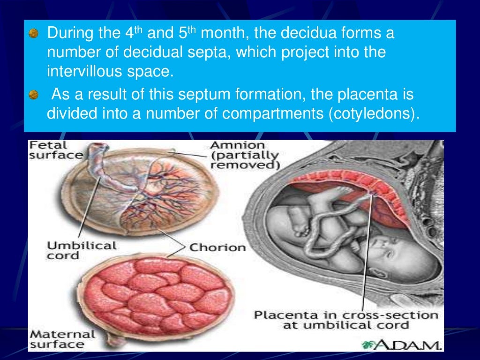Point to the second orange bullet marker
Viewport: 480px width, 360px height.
33,96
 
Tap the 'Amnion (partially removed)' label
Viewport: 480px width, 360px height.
244,155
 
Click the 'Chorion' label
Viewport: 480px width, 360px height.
217,247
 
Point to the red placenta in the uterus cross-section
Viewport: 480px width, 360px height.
356,187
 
